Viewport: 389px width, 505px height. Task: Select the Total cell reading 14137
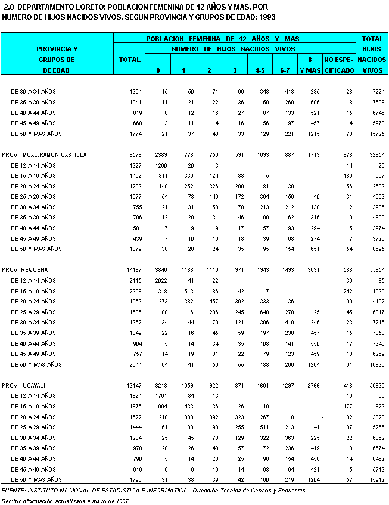click(x=132, y=270)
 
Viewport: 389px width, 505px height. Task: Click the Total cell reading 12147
click(x=132, y=385)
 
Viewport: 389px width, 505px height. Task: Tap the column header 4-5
click(x=260, y=70)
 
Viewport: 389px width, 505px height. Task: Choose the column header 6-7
click(x=285, y=70)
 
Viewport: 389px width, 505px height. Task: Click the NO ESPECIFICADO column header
click(x=339, y=65)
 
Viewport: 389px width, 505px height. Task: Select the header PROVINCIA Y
click(x=57, y=48)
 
